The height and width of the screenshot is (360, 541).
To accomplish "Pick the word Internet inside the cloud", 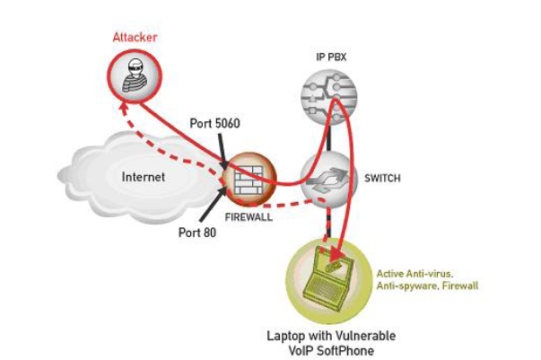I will pyautogui.click(x=144, y=177).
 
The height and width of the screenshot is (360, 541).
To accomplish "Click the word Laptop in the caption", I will pyautogui.click(x=285, y=335).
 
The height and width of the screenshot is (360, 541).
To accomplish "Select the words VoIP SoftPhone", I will pyautogui.click(x=330, y=349).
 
